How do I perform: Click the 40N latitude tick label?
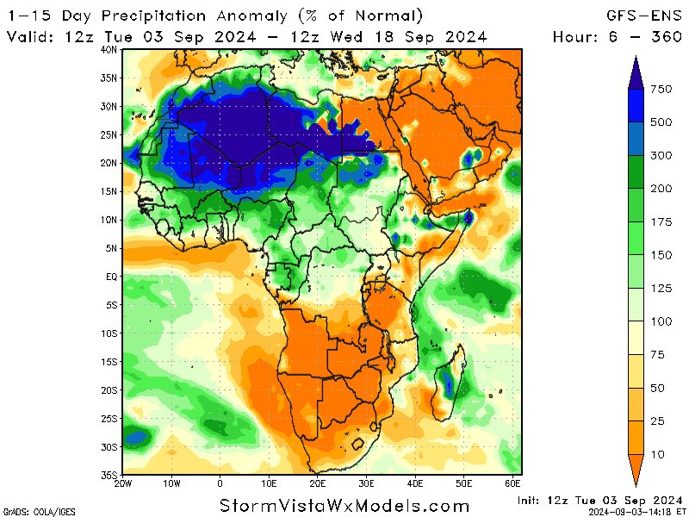[108, 50]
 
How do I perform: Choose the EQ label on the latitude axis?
[110, 277]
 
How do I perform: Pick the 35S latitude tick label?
[108, 475]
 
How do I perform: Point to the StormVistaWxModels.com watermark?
[344, 505]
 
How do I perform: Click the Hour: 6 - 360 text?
[618, 36]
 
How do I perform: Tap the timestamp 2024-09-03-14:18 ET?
[637, 512]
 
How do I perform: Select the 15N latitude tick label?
[108, 191]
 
